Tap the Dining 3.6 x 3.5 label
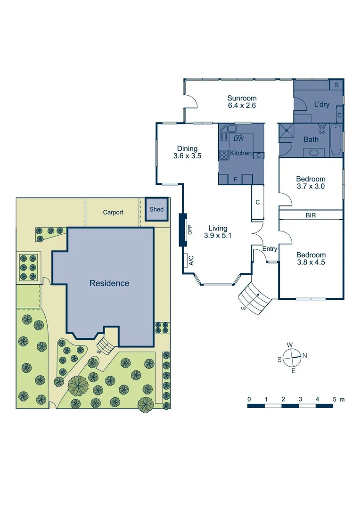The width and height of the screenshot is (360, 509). click(187, 152)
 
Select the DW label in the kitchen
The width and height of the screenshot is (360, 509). click(238, 139)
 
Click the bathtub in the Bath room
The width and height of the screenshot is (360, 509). click(335, 140)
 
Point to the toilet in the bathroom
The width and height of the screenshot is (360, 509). click(322, 129)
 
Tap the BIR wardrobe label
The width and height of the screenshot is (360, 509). click(311, 215)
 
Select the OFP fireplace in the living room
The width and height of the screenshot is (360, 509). click(182, 230)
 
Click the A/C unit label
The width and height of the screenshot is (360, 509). click(191, 260)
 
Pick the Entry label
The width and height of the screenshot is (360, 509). click(270, 249)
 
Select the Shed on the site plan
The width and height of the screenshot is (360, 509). click(156, 209)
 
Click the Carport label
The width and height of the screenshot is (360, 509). click(113, 213)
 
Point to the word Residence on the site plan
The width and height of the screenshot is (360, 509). click(109, 283)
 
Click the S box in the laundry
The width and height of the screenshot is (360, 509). click(336, 85)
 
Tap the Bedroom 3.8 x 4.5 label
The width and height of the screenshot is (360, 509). click(311, 259)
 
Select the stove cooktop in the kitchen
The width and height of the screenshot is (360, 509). click(223, 153)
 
